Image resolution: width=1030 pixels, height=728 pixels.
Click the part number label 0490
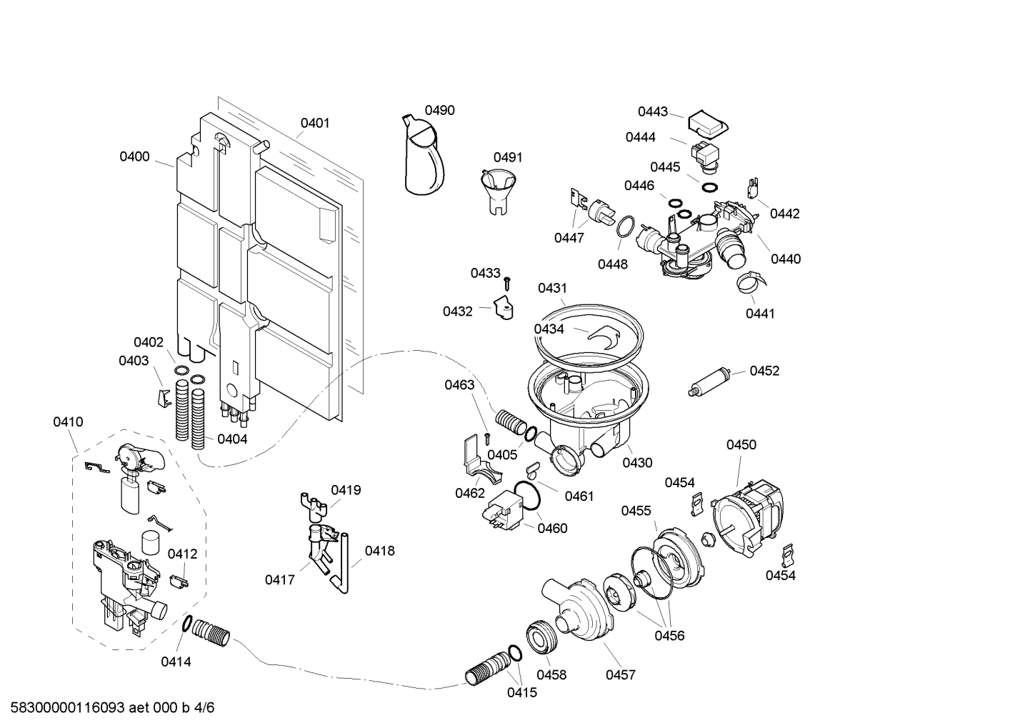[x=439, y=110]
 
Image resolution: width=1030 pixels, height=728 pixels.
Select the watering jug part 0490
[x=424, y=157]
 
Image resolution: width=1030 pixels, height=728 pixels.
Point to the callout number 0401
[x=314, y=123]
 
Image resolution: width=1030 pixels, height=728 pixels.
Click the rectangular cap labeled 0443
[x=707, y=125]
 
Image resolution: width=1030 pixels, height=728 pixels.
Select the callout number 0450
[x=741, y=444]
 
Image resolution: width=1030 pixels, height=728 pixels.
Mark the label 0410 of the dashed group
[x=68, y=422]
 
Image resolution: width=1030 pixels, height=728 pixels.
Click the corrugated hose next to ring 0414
[x=212, y=632]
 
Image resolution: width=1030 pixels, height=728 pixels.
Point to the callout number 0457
[x=620, y=674]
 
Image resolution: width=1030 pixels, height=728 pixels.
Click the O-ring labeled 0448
[x=624, y=226]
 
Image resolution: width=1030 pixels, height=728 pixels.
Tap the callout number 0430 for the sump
[x=636, y=462]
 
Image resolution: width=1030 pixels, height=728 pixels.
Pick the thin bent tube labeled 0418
[x=341, y=564]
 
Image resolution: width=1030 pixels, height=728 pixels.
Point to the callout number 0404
[x=232, y=439]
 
